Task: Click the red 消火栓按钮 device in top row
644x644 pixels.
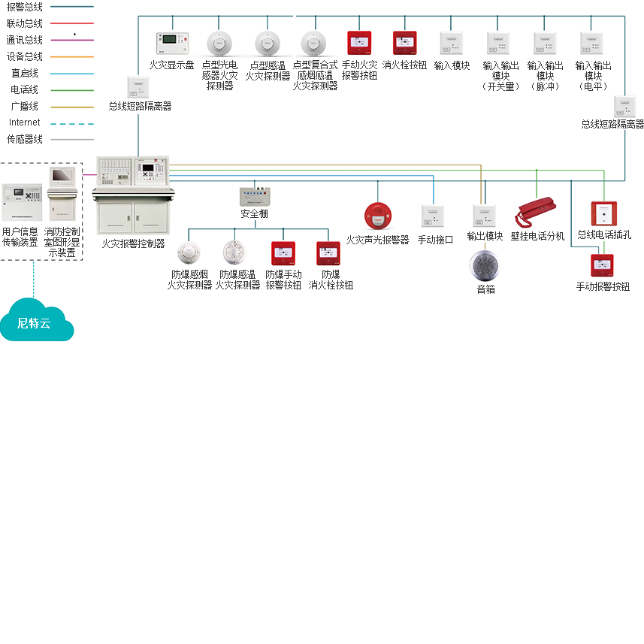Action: (x=405, y=42)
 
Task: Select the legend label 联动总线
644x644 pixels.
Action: (x=25, y=23)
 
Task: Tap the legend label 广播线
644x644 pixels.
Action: (x=25, y=106)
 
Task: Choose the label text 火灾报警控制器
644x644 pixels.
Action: (x=133, y=243)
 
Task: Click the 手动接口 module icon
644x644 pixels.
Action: (x=434, y=216)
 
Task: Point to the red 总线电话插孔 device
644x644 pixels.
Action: (x=603, y=213)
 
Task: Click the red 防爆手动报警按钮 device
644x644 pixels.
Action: (x=283, y=253)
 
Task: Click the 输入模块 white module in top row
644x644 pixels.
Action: (x=452, y=42)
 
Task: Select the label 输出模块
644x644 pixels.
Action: (x=485, y=236)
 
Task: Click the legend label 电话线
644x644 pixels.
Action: (x=25, y=89)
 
